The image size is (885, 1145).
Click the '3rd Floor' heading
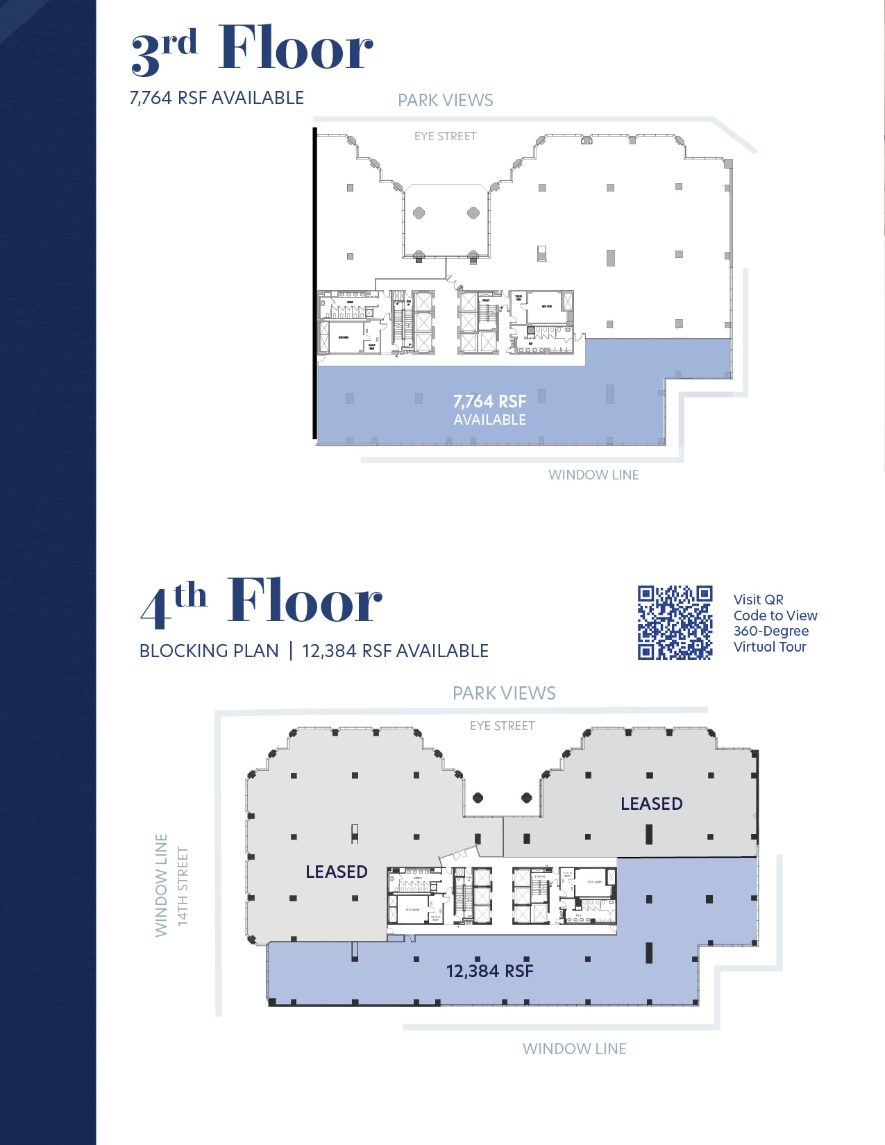click(x=251, y=49)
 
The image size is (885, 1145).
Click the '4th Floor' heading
click(x=260, y=601)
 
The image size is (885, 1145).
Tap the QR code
click(x=675, y=622)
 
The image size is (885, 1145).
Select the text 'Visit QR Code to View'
click(x=775, y=608)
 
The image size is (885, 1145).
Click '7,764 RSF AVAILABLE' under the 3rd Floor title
click(x=217, y=98)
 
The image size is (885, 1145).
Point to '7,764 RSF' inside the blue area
click(x=489, y=401)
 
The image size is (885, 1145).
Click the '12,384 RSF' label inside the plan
click(x=489, y=971)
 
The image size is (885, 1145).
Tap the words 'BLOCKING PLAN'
click(x=209, y=651)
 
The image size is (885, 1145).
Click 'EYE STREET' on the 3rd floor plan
click(x=445, y=136)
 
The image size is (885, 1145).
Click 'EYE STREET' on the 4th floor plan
click(x=502, y=726)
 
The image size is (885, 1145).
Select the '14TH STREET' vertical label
click(x=183, y=886)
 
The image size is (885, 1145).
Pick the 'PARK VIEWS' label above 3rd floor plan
click(x=445, y=101)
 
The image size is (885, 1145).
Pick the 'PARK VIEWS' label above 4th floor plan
click(x=504, y=693)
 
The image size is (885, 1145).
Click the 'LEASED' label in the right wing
click(x=651, y=804)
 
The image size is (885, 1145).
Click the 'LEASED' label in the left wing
click(x=337, y=872)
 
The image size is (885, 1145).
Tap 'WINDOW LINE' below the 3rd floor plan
click(x=593, y=475)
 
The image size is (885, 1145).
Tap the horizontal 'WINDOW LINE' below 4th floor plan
click(x=574, y=1049)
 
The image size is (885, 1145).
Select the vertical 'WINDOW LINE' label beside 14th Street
click(x=161, y=885)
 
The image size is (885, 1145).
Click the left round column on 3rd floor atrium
click(x=419, y=213)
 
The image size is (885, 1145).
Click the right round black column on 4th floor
click(x=527, y=798)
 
